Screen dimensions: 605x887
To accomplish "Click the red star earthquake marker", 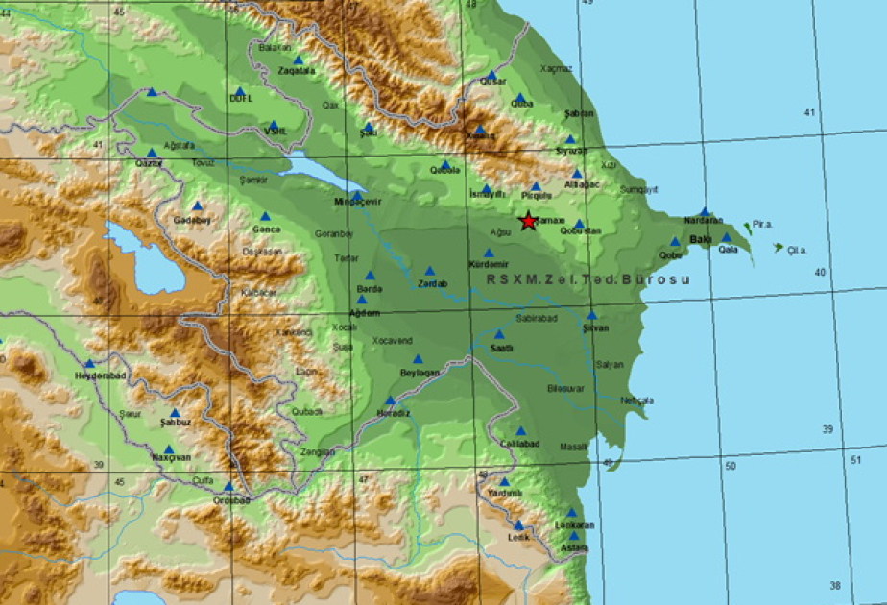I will [x=528, y=221].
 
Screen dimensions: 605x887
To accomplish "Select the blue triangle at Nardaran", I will [x=705, y=212].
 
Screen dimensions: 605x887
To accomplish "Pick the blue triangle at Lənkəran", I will [x=571, y=513].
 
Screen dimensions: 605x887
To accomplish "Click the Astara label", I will [x=574, y=547].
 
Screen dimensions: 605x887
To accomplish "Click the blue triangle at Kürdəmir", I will [x=489, y=254].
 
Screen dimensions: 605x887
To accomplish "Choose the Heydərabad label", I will [x=94, y=375].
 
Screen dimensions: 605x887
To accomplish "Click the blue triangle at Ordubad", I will [x=228, y=487].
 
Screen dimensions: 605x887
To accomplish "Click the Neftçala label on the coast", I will [x=636, y=399].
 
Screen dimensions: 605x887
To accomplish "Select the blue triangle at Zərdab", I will [x=430, y=272].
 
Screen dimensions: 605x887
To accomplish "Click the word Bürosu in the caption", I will [x=658, y=279].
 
